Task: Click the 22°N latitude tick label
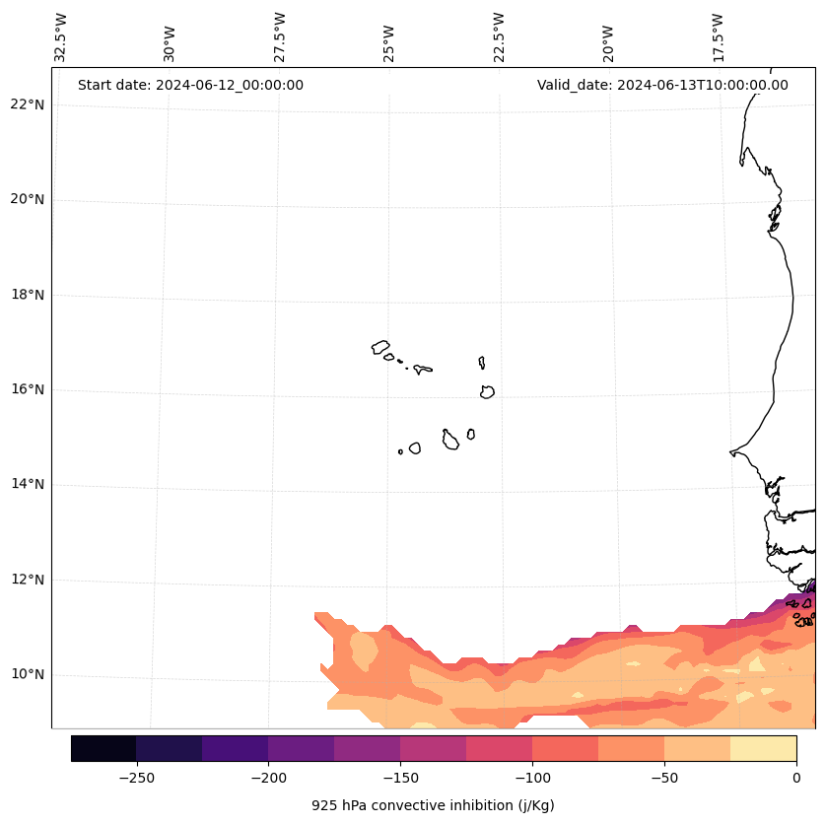click(x=28, y=104)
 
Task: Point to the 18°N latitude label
click(x=28, y=295)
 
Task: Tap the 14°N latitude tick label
click(x=28, y=484)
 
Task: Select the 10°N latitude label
click(x=28, y=675)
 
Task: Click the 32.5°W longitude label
click(x=61, y=37)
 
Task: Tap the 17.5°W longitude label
click(x=719, y=37)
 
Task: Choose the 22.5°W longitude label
click(x=499, y=37)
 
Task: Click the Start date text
click(x=190, y=85)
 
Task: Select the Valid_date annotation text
click(x=662, y=85)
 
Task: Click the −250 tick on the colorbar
click(x=136, y=778)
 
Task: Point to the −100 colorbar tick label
click(x=532, y=778)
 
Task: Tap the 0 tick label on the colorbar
click(x=796, y=778)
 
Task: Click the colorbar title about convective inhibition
click(x=433, y=805)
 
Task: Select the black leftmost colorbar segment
click(x=103, y=748)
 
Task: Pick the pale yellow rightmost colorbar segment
click(x=763, y=748)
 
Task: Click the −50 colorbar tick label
click(x=664, y=778)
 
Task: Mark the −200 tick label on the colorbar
click(x=268, y=778)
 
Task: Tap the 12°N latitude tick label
click(x=28, y=580)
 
